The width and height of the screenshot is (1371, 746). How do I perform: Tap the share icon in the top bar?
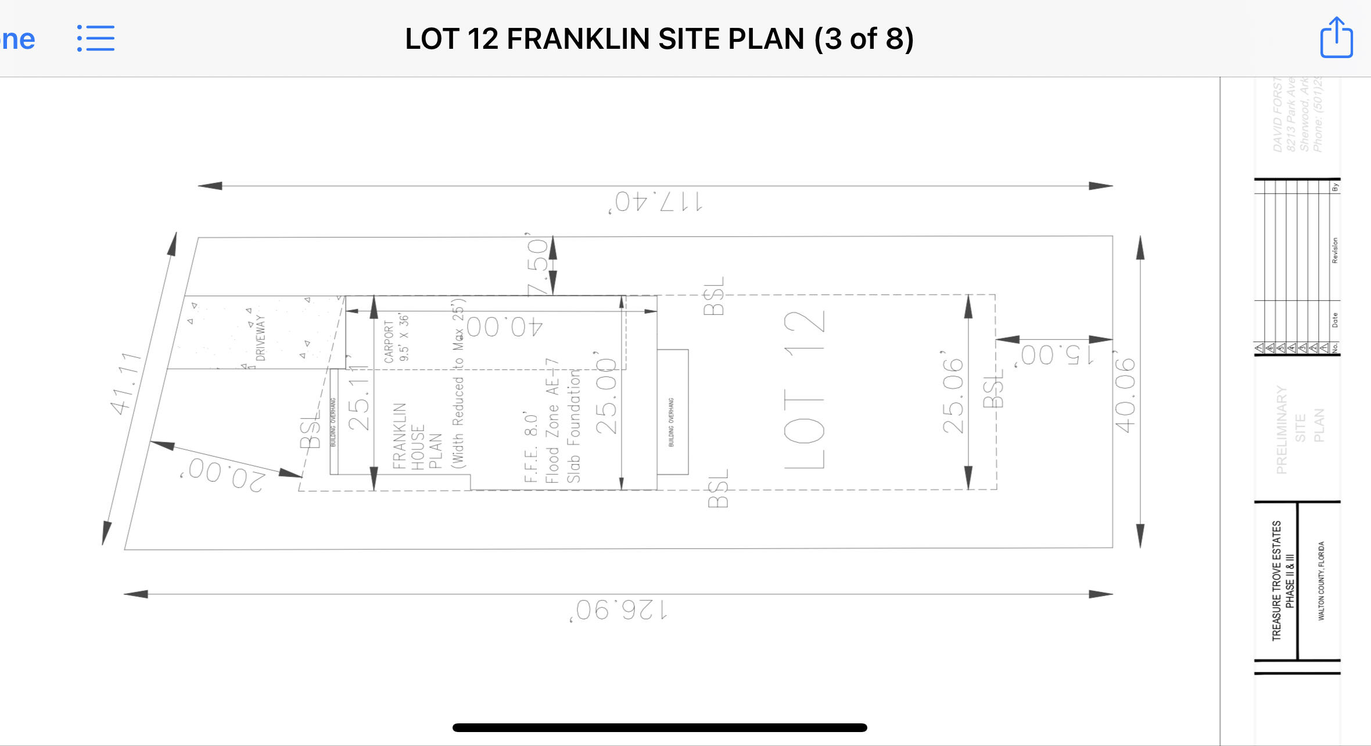point(1336,38)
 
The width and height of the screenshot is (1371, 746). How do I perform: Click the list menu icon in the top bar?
point(96,38)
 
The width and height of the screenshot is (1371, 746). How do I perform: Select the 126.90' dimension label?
point(619,610)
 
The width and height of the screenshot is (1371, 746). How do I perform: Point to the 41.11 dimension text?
point(126,383)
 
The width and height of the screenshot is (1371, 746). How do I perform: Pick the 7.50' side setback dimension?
point(538,266)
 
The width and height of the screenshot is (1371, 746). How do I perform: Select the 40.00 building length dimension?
point(504,327)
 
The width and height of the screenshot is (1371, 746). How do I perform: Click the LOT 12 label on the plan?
point(804,389)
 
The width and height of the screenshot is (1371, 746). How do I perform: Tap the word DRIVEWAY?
point(260,338)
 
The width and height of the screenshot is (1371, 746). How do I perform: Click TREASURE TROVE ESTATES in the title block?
point(1276,581)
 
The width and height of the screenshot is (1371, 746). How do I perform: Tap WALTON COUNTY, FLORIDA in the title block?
point(1321,581)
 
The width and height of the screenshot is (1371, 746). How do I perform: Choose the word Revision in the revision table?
point(1334,250)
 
